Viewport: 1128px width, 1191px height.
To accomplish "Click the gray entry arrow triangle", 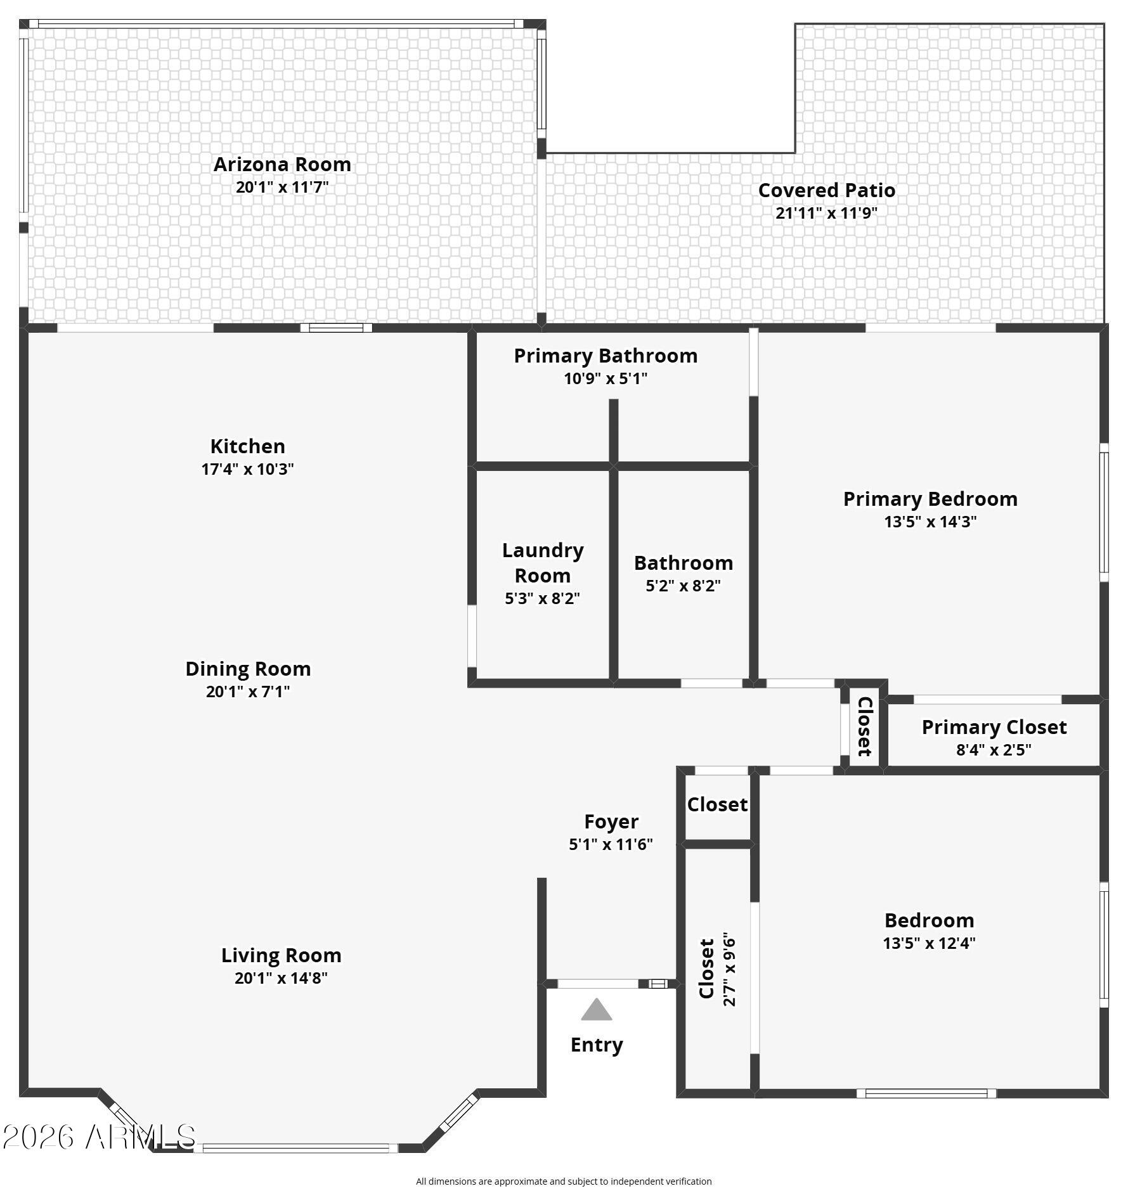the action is coord(596,1009).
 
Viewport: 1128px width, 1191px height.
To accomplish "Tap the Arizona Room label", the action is coord(282,164).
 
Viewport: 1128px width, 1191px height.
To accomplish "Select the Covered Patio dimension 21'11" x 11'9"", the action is coord(826,213).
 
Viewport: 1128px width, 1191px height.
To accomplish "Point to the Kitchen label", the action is coord(247,446).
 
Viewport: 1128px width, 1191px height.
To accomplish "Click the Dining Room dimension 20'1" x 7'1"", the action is coord(247,691).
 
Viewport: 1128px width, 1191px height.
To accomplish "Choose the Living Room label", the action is coord(281,955).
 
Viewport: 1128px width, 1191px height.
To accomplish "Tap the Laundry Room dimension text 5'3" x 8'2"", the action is coord(542,598).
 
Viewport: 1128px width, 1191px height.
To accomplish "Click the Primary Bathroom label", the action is coord(606,356).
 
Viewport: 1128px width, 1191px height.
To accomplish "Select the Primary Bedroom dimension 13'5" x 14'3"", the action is coord(930,522).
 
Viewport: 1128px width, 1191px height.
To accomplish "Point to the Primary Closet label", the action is coord(994,727).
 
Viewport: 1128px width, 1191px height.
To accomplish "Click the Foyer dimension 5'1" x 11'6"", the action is coord(611,844).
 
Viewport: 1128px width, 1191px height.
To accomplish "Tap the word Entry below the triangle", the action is coord(597,1045).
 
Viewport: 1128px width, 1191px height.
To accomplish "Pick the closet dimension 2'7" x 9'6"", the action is coord(729,969).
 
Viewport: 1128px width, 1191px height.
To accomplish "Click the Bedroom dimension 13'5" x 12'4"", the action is coord(929,943).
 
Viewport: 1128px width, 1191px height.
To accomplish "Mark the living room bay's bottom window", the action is coord(296,1148).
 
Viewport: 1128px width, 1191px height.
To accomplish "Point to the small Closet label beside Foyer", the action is coord(717,804).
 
